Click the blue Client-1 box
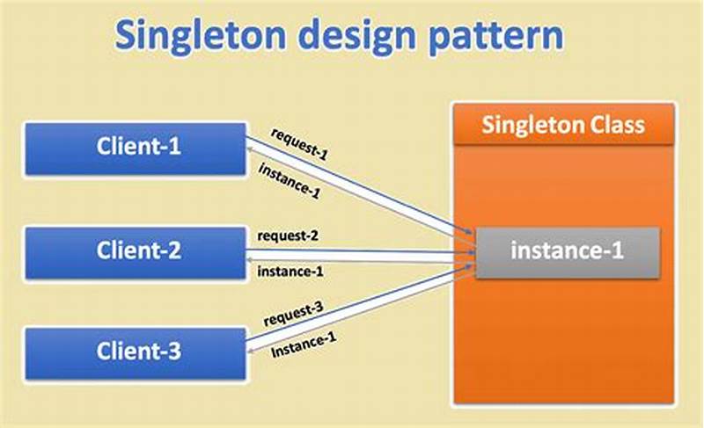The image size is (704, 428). (x=137, y=147)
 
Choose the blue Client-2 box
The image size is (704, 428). (x=137, y=250)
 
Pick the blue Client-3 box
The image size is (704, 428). (x=137, y=352)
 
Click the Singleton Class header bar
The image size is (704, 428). (x=563, y=125)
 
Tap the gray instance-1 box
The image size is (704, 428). (x=568, y=251)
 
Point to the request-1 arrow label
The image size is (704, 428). (x=299, y=145)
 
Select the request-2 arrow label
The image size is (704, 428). (x=289, y=236)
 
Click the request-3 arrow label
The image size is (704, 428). (x=294, y=320)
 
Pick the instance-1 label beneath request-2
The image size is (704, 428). (x=290, y=272)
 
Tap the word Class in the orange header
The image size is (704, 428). (x=617, y=125)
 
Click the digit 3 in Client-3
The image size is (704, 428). (x=174, y=352)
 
